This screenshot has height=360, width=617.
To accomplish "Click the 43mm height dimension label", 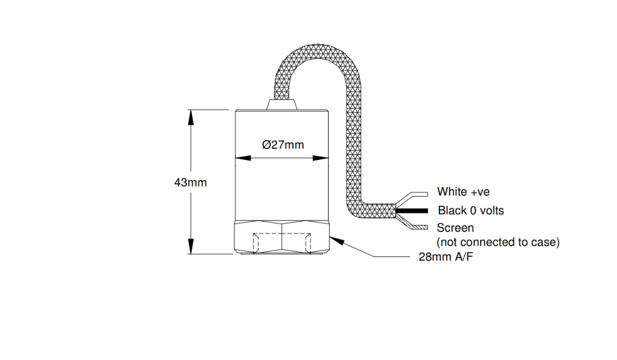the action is pos(191,183).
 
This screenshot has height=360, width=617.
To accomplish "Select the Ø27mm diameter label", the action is pos(283,145).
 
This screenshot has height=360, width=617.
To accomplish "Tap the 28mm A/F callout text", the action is pos(446,257).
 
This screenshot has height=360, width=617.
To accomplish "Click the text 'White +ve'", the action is pos(464,192).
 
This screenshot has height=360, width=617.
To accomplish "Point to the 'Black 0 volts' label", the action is pos(471,211).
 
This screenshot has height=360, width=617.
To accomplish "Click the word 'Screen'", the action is pos(455,228).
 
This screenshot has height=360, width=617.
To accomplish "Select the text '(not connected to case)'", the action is pos(498,242).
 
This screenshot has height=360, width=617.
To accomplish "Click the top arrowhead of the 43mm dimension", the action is pos(191,117).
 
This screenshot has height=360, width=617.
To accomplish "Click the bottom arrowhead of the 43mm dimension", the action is pos(191,246).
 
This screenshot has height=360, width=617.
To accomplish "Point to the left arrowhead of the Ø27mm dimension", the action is pos(243,158).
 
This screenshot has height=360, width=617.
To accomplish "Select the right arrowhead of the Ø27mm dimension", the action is pos(321,158).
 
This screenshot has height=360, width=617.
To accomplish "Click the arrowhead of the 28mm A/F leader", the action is pos(337,240).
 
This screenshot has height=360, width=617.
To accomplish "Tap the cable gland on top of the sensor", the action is pos(282,105).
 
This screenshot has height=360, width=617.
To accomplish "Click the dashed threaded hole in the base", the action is pos(282,243).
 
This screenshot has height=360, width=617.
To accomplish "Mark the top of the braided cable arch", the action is pos(318,51).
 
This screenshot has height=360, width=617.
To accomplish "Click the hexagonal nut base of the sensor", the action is pos(282,237).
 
